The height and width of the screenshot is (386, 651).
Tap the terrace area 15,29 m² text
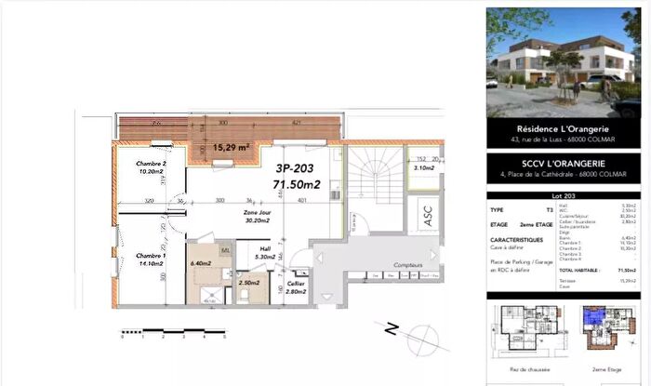tap(230, 147)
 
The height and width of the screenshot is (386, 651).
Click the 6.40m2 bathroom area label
tap(200, 263)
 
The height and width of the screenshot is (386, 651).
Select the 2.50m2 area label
tap(247, 283)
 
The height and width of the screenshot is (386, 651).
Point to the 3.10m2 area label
tap(423, 167)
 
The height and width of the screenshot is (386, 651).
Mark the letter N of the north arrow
tap(391, 328)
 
